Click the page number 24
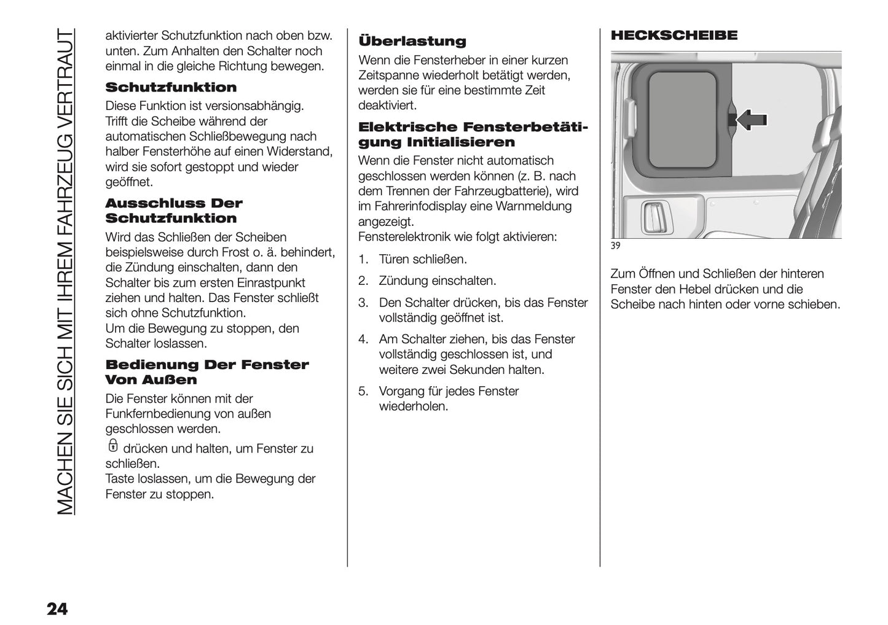pos(57,609)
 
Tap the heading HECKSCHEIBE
pos(674,36)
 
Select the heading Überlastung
pos(412,42)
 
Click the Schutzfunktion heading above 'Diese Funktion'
pos(171,88)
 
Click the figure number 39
pos(616,246)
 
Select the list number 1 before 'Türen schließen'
pos(363,260)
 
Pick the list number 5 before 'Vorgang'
pos(363,392)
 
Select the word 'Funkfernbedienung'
pos(157,414)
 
